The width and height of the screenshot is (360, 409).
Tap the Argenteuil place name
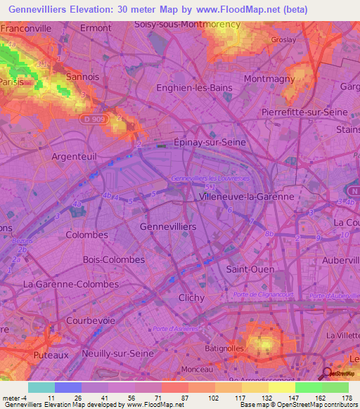click(74, 156)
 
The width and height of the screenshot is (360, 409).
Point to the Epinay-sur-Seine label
click(210, 142)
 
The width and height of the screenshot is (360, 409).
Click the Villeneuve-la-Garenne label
click(247, 197)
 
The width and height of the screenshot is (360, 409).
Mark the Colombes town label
click(86, 235)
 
